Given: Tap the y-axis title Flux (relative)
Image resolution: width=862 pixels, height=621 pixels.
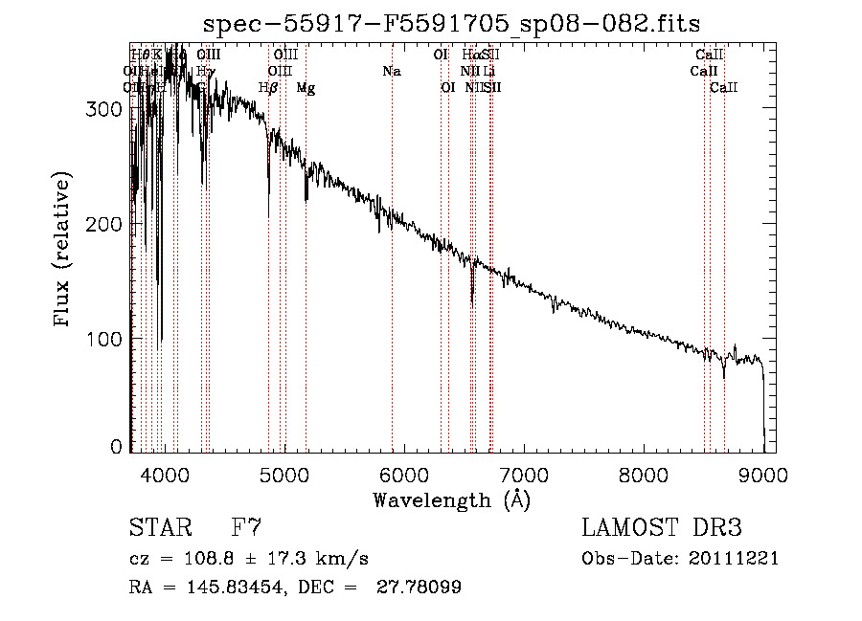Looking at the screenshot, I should [64, 251].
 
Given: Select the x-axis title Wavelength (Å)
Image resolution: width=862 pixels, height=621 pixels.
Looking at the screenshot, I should [451, 499].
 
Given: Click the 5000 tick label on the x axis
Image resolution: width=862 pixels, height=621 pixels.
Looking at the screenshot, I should [284, 474].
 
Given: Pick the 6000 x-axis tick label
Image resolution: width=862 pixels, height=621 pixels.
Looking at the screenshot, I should [403, 474].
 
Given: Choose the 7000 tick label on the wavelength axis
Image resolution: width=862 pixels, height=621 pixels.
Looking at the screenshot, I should [524, 474].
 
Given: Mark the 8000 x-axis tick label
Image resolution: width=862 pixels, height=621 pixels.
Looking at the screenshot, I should [644, 474].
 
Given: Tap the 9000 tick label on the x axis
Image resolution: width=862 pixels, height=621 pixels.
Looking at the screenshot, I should [763, 474].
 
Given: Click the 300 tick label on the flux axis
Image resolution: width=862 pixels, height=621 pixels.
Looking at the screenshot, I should [105, 109].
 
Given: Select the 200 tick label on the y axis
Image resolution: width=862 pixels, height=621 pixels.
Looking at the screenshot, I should [105, 224].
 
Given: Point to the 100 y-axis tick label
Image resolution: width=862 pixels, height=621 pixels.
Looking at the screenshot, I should [105, 339].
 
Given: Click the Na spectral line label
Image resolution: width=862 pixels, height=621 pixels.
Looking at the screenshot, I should [391, 72].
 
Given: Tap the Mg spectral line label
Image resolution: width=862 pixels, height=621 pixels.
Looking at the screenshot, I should [306, 88].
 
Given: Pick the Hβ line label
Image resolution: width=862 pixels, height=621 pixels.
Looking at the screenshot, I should [269, 88].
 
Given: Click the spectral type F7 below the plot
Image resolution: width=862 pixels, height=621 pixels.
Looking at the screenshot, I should [246, 527].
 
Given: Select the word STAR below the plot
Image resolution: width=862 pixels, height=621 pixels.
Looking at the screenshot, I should [159, 527].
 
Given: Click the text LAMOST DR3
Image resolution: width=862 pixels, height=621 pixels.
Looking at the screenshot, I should [662, 527].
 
